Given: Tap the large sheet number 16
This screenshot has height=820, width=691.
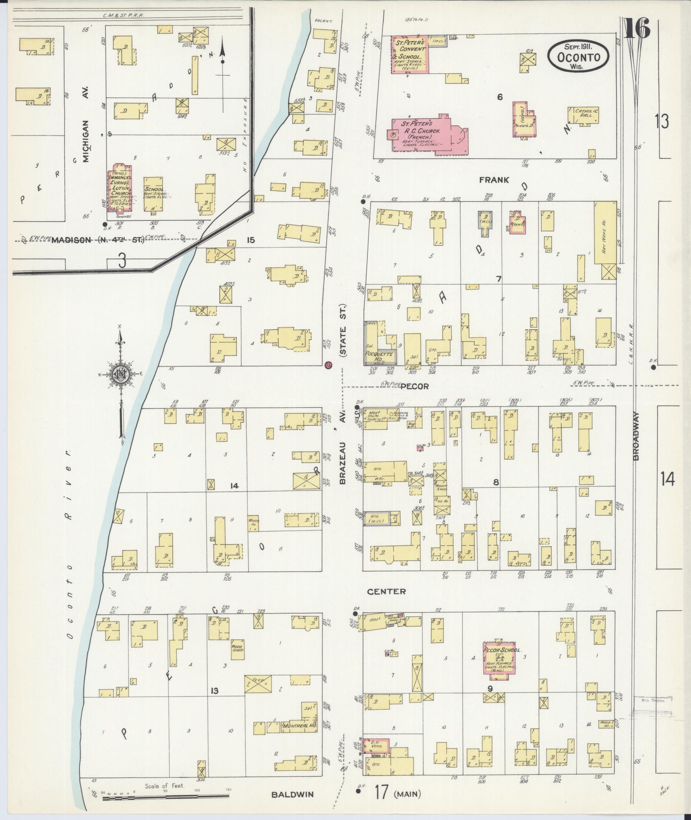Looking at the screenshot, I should coord(637,29).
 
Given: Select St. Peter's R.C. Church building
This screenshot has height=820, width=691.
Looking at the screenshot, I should coord(428,133).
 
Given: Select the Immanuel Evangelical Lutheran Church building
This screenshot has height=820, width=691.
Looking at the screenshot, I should coord(120,188).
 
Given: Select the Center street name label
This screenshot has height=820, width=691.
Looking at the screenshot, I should coord(386,591).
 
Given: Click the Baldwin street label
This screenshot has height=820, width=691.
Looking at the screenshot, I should coord(292,794).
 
